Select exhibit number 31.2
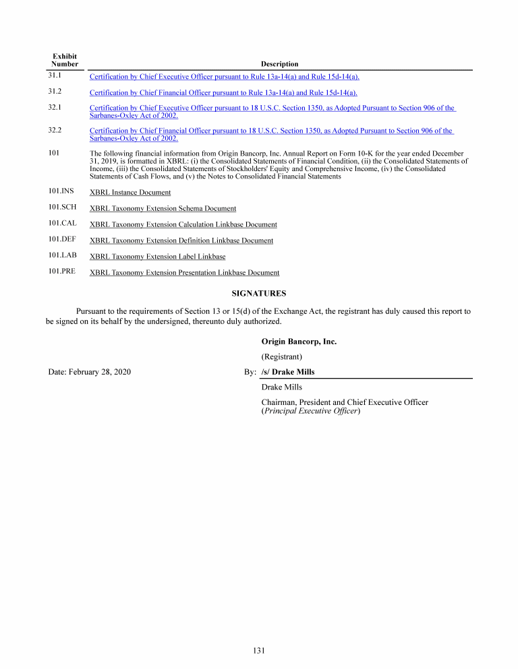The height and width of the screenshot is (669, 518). (55, 91)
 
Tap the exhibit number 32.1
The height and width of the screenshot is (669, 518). (55, 107)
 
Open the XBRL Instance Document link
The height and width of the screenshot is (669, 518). (130, 193)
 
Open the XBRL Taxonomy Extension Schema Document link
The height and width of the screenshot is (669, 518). (163, 209)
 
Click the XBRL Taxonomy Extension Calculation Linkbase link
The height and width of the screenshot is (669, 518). (183, 224)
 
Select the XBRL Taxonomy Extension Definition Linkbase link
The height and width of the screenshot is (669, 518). (181, 241)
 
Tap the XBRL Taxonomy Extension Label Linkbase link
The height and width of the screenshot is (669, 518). (157, 257)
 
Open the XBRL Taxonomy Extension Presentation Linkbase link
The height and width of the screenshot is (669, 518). (184, 273)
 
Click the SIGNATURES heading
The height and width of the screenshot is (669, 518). (258, 294)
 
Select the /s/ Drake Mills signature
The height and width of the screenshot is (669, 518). (287, 372)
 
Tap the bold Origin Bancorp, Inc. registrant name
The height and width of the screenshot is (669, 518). (299, 342)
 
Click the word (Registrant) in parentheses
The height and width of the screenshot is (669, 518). (281, 356)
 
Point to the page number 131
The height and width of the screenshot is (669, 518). (258, 650)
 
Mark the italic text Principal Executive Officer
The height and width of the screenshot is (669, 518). (310, 411)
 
